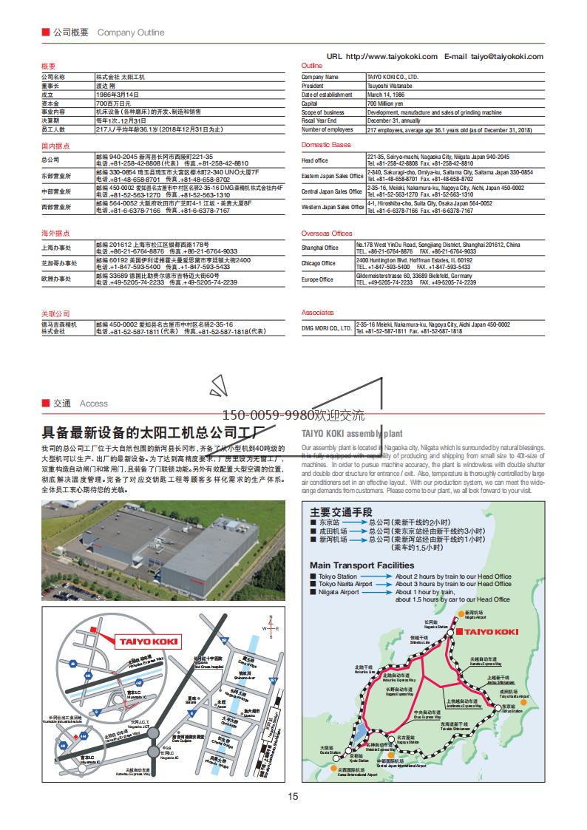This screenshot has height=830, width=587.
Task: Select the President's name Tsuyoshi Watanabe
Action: [392, 86]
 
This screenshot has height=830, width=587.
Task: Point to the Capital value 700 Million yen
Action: [386, 103]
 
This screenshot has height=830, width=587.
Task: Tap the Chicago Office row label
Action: [319, 263]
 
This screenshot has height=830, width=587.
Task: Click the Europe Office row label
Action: [318, 279]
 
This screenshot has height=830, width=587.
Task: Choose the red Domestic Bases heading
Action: [326, 145]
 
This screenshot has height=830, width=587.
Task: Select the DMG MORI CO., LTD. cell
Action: [327, 328]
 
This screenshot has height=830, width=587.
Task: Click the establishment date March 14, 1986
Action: [388, 95]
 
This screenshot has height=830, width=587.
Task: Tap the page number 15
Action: [293, 796]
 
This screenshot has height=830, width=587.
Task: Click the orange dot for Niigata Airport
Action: [461, 613]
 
